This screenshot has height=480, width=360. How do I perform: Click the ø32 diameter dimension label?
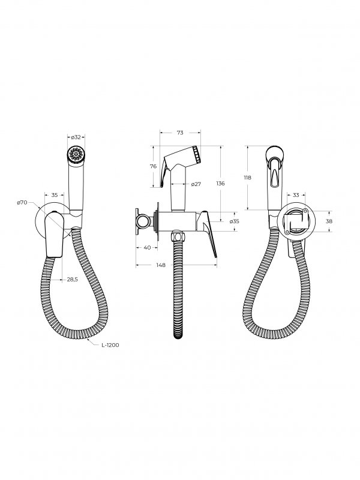pyautogui.click(x=76, y=137)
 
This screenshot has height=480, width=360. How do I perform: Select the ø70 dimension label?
pyautogui.click(x=22, y=203)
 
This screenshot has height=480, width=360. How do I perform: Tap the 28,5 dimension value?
pyautogui.click(x=73, y=279)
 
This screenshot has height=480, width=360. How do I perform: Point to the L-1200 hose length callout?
pyautogui.click(x=110, y=345)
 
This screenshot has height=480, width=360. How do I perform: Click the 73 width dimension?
pyautogui.click(x=180, y=133)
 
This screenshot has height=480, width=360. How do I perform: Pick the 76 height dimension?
pyautogui.click(x=154, y=166)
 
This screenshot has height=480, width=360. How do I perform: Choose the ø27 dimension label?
pyautogui.click(x=196, y=184)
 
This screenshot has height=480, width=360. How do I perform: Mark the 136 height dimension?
pyautogui.click(x=220, y=184)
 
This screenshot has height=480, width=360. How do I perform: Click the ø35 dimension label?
pyautogui.click(x=234, y=221)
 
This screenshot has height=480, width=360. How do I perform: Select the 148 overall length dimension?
pyautogui.click(x=161, y=265)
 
